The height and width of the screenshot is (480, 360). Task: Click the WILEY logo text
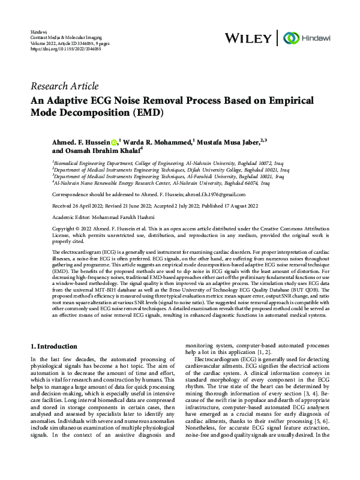click(x=248, y=38)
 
